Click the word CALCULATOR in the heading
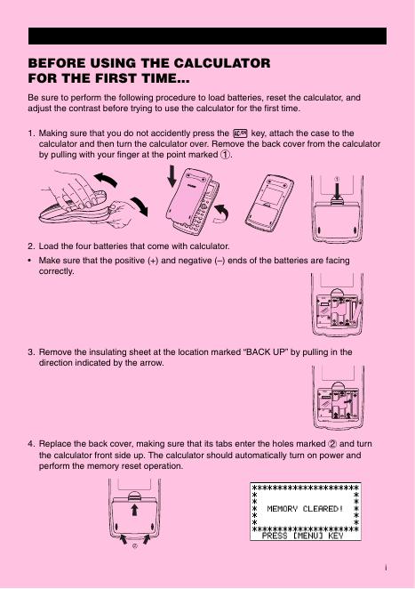point(222,63)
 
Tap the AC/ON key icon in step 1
point(241,133)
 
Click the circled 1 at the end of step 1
point(225,155)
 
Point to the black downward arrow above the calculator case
point(172,176)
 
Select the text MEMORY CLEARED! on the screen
point(305,509)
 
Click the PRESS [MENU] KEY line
point(302,536)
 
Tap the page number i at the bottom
point(386,568)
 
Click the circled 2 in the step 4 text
point(332,444)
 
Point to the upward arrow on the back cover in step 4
point(134,510)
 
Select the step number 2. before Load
point(31,246)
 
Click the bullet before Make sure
point(29,261)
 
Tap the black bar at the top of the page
point(208,36)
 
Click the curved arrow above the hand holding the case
point(106,179)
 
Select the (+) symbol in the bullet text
point(153,261)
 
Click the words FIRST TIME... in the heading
point(142,78)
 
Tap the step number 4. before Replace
point(31,444)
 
